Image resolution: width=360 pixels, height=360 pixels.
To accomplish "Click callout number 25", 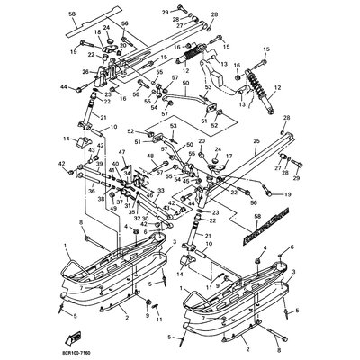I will [x=256, y=140].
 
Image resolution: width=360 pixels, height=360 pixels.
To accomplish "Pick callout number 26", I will [x=85, y=73].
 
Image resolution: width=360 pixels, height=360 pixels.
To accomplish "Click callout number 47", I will [x=122, y=154].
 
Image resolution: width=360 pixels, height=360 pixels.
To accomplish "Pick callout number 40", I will [x=116, y=164].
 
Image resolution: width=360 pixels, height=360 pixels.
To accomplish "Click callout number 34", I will [x=128, y=172].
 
